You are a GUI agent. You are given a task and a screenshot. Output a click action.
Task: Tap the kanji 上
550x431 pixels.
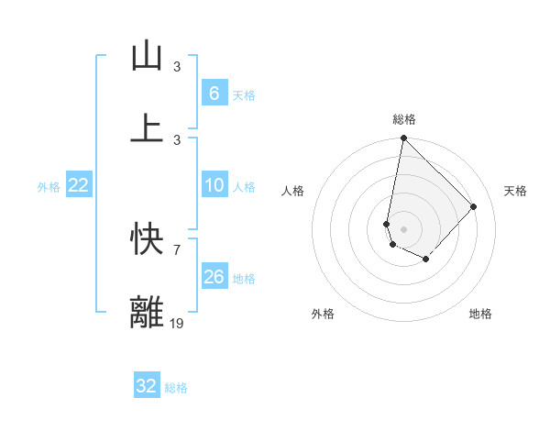tap(147, 127)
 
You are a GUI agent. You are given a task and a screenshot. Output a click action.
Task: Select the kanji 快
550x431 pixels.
tap(147, 240)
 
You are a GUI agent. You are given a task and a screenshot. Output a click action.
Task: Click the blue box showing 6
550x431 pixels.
tap(214, 93)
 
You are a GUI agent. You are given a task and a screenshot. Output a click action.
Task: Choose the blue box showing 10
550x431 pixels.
tap(214, 186)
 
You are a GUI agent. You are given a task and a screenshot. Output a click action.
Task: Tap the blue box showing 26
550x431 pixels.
tap(214, 277)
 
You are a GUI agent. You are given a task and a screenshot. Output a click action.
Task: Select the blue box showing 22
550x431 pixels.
tap(79, 186)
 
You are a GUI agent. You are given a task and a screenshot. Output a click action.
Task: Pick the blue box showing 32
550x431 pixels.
tap(147, 386)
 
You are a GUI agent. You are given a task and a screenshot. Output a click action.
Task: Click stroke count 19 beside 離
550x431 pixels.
tap(177, 323)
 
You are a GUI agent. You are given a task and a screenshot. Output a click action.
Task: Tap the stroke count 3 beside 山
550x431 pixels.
tap(177, 67)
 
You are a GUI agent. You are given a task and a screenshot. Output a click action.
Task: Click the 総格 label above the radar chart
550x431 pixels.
tap(403, 119)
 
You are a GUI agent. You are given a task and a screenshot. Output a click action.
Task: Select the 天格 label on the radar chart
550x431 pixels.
tap(515, 191)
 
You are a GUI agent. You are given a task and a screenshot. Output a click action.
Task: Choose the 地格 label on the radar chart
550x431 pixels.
tap(480, 314)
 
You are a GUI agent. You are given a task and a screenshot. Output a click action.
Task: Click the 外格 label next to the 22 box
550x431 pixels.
tap(49, 187)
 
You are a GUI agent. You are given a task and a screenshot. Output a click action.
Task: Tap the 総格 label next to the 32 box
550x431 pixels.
tap(176, 388)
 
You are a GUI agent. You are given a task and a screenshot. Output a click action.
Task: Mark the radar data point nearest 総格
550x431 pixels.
tap(403, 138)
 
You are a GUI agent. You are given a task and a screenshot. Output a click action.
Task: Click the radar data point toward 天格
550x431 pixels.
tap(474, 206)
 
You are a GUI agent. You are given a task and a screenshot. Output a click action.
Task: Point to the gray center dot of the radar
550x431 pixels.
tap(403, 228)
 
